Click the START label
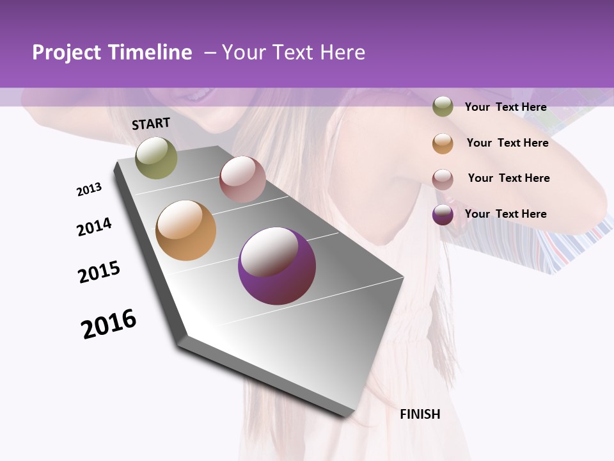coord(151,124)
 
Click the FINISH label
coord(420,414)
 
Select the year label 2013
coord(89,190)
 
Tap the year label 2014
coord(94,227)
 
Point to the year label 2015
coord(99,272)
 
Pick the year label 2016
coord(109,324)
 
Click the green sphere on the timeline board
coord(157,158)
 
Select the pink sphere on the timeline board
coord(242,179)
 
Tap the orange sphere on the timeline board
coord(185,230)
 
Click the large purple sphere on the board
coord(276,266)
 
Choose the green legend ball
coord(443,106)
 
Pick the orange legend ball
coord(443,143)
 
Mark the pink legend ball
coord(443,179)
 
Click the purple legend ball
coord(443,214)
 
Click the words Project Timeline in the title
coord(112,53)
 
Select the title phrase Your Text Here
coord(294,53)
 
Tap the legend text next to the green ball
coord(505,107)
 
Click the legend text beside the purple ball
coord(505,214)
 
